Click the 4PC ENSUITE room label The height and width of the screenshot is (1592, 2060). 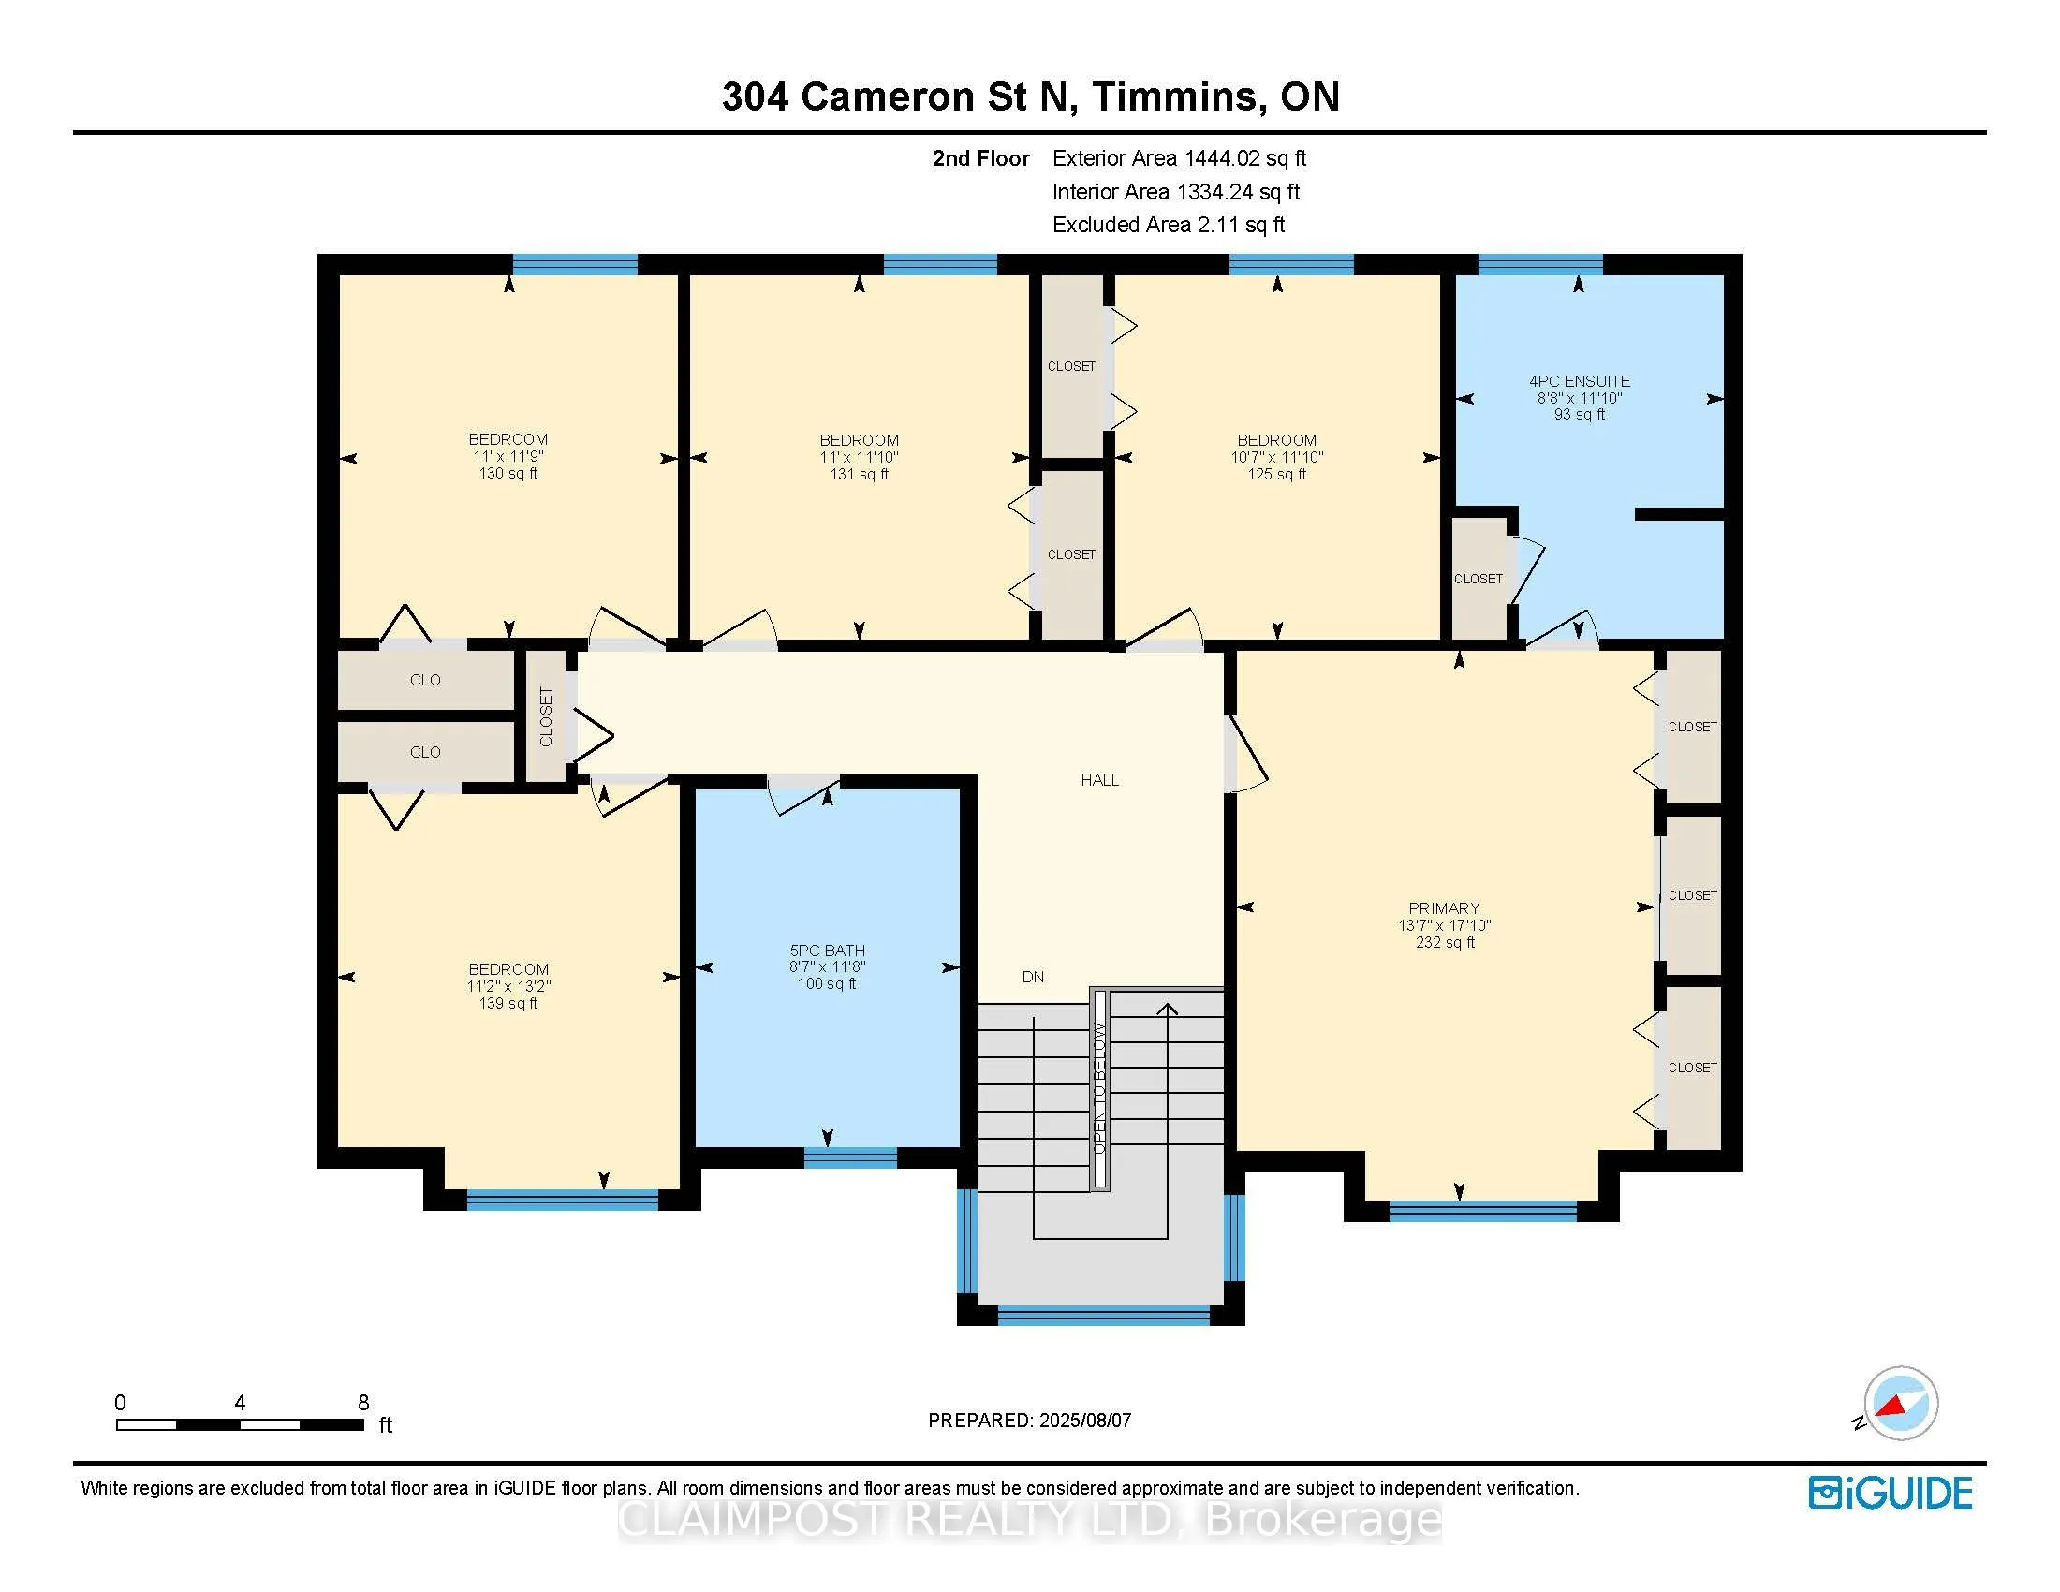[1579, 381]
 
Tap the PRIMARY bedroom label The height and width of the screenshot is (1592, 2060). [1444, 908]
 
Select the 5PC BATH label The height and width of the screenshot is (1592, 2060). [827, 951]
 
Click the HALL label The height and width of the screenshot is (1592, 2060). [1100, 780]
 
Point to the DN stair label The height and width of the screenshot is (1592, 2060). [1033, 977]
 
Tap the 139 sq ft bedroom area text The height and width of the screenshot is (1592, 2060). [508, 1004]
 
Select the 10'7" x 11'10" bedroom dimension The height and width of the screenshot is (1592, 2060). [1277, 457]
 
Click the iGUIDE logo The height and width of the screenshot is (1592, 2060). [1891, 1493]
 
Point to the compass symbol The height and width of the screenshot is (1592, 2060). [1900, 1404]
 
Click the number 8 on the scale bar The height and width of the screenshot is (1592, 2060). [363, 1403]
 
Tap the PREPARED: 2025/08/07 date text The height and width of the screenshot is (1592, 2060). [1029, 1421]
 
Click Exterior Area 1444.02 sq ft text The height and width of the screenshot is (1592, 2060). [1179, 158]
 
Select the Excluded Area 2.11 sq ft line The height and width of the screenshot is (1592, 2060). [1168, 225]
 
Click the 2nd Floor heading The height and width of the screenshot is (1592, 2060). [980, 158]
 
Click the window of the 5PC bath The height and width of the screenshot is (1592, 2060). [850, 1157]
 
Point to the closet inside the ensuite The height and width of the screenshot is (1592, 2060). [1478, 579]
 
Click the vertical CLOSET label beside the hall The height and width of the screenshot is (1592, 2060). [546, 716]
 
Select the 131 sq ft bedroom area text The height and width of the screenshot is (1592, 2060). [859, 475]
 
